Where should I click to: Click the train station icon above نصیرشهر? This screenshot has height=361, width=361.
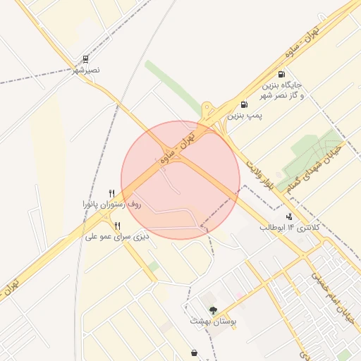click(85, 59)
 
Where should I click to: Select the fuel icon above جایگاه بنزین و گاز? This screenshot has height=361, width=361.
click(281, 74)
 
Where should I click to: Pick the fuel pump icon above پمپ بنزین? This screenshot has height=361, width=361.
click(244, 104)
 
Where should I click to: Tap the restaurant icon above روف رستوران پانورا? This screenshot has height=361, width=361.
click(111, 193)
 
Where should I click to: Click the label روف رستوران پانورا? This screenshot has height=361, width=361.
click(111, 204)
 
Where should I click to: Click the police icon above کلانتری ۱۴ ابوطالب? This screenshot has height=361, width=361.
click(289, 216)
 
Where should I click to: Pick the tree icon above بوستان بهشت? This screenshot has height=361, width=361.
click(213, 310)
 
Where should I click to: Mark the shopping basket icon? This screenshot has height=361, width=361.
click(194, 353)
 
